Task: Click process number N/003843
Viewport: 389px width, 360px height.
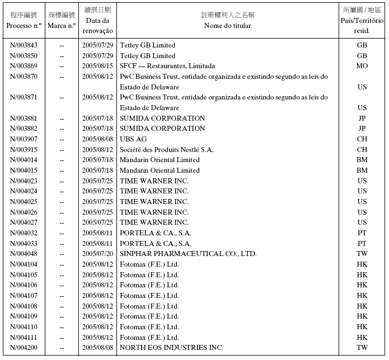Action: (x=24, y=45)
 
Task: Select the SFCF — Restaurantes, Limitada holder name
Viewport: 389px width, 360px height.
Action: (x=167, y=66)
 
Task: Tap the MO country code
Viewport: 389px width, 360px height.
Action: (x=362, y=66)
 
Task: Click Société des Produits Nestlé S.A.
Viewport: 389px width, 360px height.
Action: (x=166, y=150)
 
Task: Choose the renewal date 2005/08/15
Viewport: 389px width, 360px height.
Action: (x=98, y=66)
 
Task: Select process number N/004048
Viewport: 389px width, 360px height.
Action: (x=24, y=254)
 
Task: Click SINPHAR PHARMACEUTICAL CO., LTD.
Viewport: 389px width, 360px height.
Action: (x=188, y=254)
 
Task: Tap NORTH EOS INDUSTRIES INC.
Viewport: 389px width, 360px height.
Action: (x=171, y=348)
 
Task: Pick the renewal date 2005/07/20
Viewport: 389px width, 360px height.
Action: (x=98, y=254)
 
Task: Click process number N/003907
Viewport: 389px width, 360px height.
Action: (x=24, y=139)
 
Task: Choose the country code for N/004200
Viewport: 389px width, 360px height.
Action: (x=362, y=348)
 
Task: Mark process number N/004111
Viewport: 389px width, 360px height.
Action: (x=24, y=338)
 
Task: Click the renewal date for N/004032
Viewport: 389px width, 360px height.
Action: (x=98, y=233)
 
